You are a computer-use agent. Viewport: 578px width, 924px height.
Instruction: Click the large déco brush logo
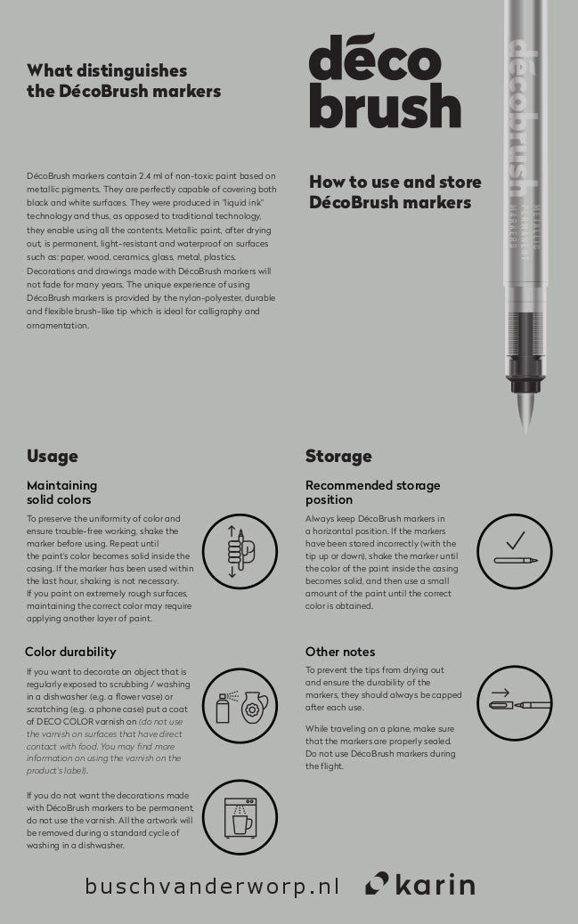pyautogui.click(x=384, y=83)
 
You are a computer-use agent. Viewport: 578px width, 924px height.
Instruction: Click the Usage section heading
pyautogui.click(x=53, y=457)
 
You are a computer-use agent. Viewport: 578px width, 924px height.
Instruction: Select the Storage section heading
pyautogui.click(x=338, y=457)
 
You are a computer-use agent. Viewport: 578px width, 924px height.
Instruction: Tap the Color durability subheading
pyautogui.click(x=70, y=652)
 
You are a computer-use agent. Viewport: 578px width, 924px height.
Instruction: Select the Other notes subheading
pyautogui.click(x=340, y=652)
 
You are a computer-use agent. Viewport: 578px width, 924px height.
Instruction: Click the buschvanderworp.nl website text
pyautogui.click(x=213, y=886)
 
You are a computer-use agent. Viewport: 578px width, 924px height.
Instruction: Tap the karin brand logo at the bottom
pyautogui.click(x=419, y=884)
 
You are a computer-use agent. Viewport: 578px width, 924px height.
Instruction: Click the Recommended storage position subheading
pyautogui.click(x=372, y=492)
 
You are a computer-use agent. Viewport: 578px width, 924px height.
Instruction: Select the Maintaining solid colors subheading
pyautogui.click(x=61, y=492)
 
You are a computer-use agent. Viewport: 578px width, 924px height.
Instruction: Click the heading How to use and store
pyautogui.click(x=395, y=192)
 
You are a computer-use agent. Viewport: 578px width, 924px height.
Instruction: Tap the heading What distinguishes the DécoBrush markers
pyautogui.click(x=124, y=80)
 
